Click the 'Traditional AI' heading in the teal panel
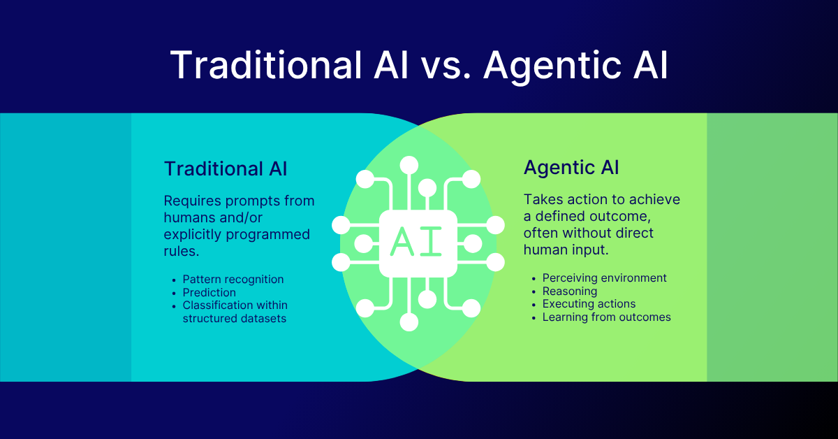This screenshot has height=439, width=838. pyautogui.click(x=226, y=168)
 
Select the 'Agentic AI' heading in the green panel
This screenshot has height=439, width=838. pyautogui.click(x=571, y=168)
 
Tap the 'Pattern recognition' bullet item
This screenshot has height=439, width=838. pyautogui.click(x=233, y=279)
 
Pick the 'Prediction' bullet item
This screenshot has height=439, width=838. pyautogui.click(x=209, y=292)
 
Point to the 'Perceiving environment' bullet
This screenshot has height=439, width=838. pyautogui.click(x=605, y=278)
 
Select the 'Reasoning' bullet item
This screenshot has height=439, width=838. pyautogui.click(x=570, y=291)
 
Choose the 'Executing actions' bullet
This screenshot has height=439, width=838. pyautogui.click(x=589, y=303)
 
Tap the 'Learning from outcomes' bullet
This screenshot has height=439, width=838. pyautogui.click(x=606, y=317)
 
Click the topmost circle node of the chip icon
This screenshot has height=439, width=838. pyautogui.click(x=409, y=165)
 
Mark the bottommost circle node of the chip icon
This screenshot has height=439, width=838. pyautogui.click(x=409, y=322)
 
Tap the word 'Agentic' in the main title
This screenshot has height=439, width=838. pyautogui.click(x=545, y=65)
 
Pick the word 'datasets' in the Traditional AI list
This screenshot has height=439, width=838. pyautogui.click(x=263, y=318)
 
